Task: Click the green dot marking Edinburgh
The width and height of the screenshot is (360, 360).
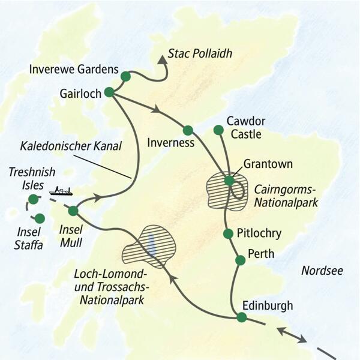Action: tap(241, 317)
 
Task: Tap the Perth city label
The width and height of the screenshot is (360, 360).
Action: tap(260, 254)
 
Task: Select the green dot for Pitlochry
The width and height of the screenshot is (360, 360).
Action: tap(227, 233)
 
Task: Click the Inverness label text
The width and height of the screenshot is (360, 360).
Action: tap(170, 143)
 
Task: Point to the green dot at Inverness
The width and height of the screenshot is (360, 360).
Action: tap(188, 130)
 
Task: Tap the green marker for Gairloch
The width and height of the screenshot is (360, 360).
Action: tap(109, 92)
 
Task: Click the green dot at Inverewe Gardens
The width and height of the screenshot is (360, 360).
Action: tap(125, 76)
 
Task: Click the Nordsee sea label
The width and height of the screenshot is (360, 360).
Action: tap(322, 271)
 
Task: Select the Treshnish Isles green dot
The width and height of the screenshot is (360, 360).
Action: tap(32, 199)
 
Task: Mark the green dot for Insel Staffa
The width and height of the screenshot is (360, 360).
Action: tap(40, 218)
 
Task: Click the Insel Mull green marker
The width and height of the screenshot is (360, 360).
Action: tap(73, 211)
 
